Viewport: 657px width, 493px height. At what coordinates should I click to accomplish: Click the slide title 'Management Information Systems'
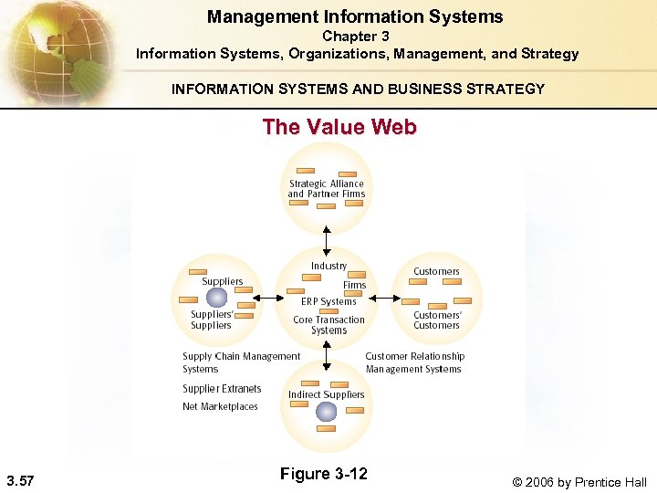pyautogui.click(x=355, y=16)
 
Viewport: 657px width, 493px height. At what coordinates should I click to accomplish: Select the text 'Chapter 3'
pyautogui.click(x=356, y=37)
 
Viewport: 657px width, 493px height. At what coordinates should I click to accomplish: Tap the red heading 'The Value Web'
pyautogui.click(x=339, y=127)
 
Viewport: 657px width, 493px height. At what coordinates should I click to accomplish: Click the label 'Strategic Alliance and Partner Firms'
pyautogui.click(x=326, y=188)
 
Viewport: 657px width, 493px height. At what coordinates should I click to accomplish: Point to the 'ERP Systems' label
pyautogui.click(x=328, y=301)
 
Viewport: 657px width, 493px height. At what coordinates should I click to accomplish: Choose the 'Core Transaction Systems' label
pyautogui.click(x=328, y=325)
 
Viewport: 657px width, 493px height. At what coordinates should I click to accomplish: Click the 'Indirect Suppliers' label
pyautogui.click(x=326, y=394)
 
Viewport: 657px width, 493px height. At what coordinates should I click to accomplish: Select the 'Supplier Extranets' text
pyautogui.click(x=222, y=389)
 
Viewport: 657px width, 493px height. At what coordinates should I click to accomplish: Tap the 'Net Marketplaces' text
pyautogui.click(x=220, y=406)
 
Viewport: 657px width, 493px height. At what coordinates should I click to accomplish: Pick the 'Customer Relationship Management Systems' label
pyautogui.click(x=414, y=362)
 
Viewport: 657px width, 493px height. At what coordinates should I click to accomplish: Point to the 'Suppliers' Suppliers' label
pyautogui.click(x=212, y=320)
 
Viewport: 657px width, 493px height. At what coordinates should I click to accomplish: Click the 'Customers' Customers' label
pyautogui.click(x=437, y=320)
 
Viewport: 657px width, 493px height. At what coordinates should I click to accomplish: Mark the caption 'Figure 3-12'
pyautogui.click(x=323, y=473)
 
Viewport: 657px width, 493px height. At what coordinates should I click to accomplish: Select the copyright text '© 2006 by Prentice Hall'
pyautogui.click(x=579, y=481)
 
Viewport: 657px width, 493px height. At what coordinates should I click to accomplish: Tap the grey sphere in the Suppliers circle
pyautogui.click(x=215, y=297)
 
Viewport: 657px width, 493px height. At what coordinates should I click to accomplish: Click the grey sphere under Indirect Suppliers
pyautogui.click(x=326, y=412)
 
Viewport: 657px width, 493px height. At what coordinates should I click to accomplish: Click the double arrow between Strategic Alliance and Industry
pyautogui.click(x=326, y=239)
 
